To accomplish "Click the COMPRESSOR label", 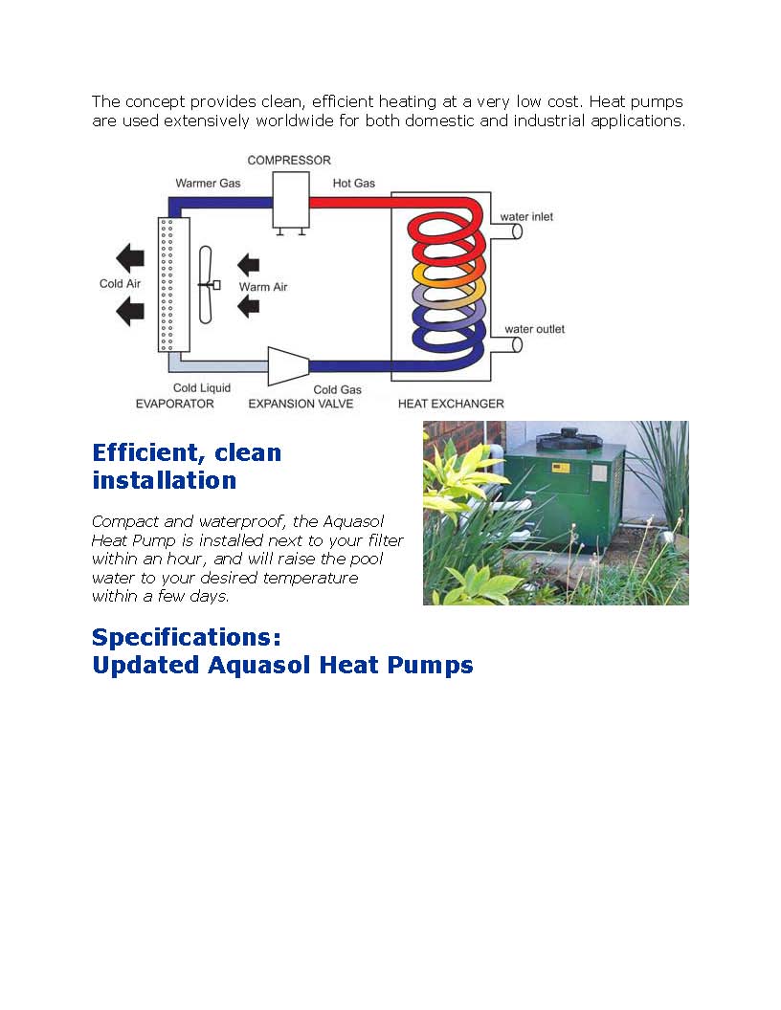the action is [x=289, y=161].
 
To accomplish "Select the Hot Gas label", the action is [x=354, y=183].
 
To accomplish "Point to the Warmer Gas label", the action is [x=208, y=183].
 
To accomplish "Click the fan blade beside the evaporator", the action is [x=206, y=285].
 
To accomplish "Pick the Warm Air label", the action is [x=263, y=287].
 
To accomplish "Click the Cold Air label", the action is [x=120, y=283].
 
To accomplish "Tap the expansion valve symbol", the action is [x=288, y=366].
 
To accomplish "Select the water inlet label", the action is [x=526, y=217].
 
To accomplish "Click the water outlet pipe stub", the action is [x=506, y=345].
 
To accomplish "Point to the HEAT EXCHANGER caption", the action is [x=451, y=404].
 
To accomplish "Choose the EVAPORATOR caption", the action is [x=174, y=404].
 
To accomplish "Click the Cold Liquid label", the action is [x=202, y=387].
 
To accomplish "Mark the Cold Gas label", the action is [x=337, y=389].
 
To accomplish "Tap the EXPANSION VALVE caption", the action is [x=301, y=404].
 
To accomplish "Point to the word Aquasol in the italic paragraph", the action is [x=354, y=521].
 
